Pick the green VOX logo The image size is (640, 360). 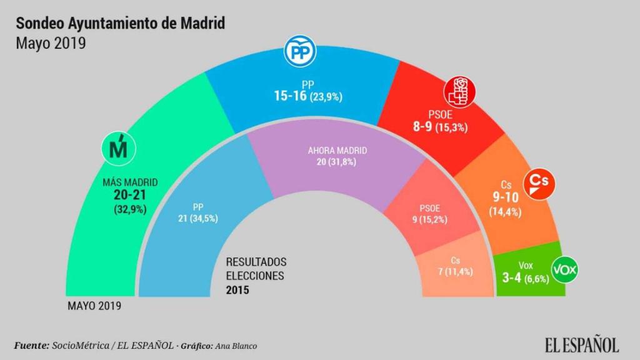[565, 271]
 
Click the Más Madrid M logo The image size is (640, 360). [118, 149]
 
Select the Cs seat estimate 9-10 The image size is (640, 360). [506, 198]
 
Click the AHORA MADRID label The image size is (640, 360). [337, 151]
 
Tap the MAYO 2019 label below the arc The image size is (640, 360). [94, 306]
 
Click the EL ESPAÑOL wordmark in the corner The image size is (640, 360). [581, 344]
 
